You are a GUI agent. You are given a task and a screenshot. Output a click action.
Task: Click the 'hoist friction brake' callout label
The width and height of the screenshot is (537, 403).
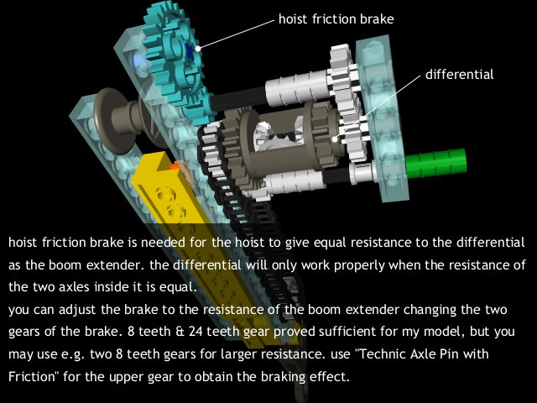tap(336, 18)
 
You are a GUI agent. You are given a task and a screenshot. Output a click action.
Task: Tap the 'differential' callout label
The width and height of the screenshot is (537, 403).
tap(459, 74)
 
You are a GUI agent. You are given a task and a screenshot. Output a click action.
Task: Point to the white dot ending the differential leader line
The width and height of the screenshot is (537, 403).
tap(335, 139)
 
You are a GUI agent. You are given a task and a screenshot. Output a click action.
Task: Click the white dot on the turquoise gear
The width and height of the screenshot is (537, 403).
tap(198, 49)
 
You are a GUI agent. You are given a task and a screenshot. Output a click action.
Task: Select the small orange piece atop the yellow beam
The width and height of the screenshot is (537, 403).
tap(175, 165)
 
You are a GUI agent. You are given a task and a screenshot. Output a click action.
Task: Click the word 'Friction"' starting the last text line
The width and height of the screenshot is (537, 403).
tap(32, 376)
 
